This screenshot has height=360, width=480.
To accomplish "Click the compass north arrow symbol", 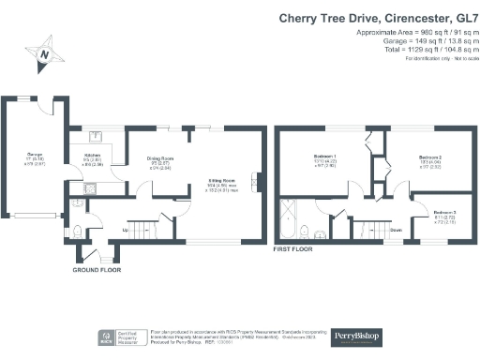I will [x=43, y=55].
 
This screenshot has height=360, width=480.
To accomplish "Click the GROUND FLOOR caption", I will [x=97, y=270].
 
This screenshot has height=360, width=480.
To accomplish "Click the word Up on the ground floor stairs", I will [x=126, y=229].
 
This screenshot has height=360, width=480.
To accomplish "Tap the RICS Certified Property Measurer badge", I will [x=120, y=337].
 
